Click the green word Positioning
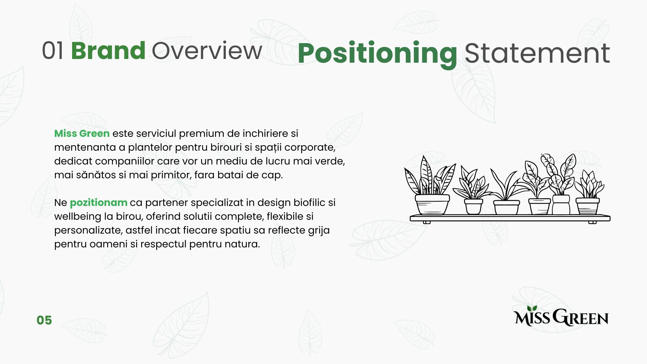(377, 54)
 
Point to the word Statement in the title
(537, 53)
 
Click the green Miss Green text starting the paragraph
(82, 133)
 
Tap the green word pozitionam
(98, 203)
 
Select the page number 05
(44, 320)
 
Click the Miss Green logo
(561, 316)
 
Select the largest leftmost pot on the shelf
(432, 204)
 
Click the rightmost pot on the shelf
(587, 206)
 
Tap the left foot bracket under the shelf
(427, 222)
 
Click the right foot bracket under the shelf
(592, 222)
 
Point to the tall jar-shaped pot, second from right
(561, 205)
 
